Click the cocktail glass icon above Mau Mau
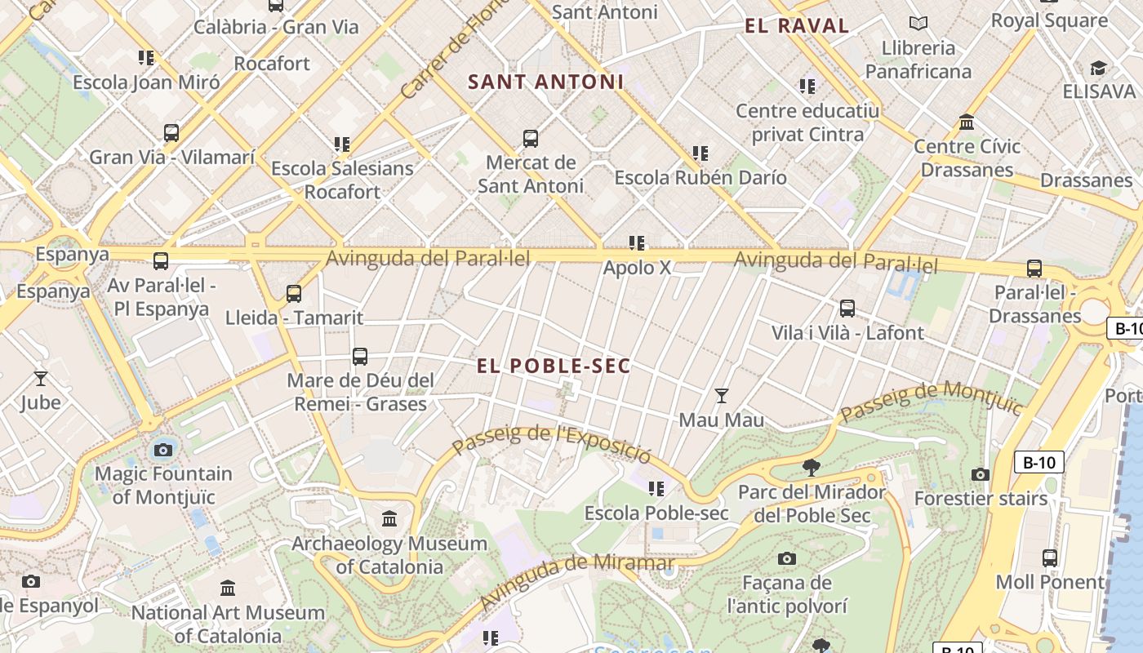pos(721,396)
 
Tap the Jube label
pos(40,402)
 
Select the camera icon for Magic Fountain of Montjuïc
pos(163,450)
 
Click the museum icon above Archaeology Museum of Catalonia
pos(389,519)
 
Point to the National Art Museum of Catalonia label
pos(228,624)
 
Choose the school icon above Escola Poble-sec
pos(656,489)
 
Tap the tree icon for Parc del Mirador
pos(811,468)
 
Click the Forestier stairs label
pos(980,498)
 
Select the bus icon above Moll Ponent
pos(1050,558)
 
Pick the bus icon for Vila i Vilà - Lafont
pos(847,309)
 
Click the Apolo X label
pos(637,268)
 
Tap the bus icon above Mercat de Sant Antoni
pos(531,139)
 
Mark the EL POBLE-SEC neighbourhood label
pos(554,366)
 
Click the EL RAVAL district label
pos(797,26)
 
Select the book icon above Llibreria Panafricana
pos(918,24)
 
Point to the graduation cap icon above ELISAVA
pos(1099,68)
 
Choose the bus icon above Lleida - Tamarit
pos(294,294)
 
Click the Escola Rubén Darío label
pos(700,177)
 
